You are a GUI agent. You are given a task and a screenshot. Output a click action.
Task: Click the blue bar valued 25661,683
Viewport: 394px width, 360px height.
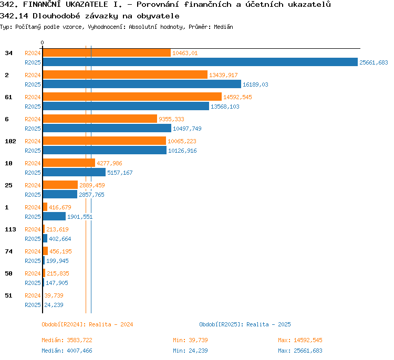(x=200, y=62)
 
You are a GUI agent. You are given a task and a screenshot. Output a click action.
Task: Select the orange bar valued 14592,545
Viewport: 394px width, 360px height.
(x=132, y=97)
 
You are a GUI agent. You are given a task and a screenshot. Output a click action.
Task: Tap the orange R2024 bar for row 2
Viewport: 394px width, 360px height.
(x=125, y=75)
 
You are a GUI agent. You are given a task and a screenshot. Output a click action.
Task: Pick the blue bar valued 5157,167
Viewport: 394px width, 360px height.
(x=74, y=172)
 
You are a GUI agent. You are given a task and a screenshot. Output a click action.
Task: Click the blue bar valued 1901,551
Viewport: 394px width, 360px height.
(x=54, y=216)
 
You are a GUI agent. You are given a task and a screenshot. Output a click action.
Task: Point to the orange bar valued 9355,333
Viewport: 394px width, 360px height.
(x=100, y=119)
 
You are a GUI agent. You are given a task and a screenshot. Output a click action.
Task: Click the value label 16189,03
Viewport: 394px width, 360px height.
(x=255, y=84)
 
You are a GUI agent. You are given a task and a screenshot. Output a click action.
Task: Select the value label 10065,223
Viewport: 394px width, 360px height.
(x=182, y=141)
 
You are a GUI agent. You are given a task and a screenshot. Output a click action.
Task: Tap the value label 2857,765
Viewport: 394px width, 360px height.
(x=91, y=195)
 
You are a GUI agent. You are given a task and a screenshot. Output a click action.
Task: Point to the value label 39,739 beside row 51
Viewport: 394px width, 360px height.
(x=54, y=295)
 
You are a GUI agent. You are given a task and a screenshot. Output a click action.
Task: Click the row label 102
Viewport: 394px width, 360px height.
(x=11, y=141)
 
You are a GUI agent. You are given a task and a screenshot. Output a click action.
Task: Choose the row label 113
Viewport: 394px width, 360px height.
(x=11, y=229)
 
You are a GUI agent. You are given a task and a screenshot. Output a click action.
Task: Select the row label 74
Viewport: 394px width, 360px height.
(x=8, y=251)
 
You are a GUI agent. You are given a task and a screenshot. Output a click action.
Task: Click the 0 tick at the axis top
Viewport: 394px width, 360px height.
(x=42, y=43)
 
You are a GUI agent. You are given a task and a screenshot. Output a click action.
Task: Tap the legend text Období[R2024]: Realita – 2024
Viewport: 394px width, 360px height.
(x=87, y=324)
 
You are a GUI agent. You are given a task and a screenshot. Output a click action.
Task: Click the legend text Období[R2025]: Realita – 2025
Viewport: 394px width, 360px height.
(x=245, y=324)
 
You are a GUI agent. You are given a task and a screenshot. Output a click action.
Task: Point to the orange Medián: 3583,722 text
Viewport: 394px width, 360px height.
(x=67, y=340)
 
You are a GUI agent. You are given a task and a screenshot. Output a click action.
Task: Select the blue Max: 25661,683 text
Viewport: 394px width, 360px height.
(x=300, y=351)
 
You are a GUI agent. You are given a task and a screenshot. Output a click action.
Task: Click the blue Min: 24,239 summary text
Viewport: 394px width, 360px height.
(x=190, y=351)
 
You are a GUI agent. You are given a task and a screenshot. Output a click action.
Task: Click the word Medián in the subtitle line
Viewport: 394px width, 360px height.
(x=223, y=27)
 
